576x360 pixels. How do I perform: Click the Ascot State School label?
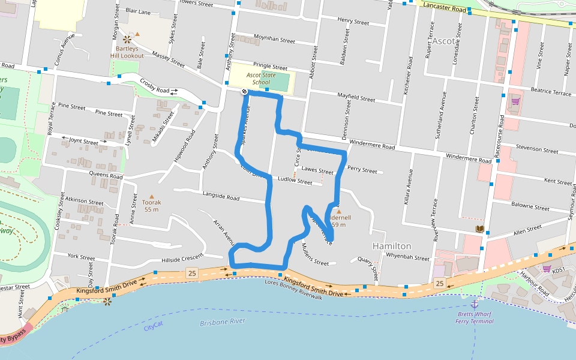[261, 79]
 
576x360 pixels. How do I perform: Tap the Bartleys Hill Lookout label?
[126, 52]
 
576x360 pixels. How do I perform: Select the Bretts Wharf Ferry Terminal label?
[474, 317]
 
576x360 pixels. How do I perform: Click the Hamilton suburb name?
[392, 246]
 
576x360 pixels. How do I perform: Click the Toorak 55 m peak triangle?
[151, 196]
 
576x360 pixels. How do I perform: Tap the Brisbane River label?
[223, 322]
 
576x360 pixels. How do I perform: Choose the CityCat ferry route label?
[154, 326]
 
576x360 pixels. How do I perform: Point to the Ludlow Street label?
[295, 181]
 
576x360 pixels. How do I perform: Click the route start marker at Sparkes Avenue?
[245, 92]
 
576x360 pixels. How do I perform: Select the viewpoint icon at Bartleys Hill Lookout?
[127, 40]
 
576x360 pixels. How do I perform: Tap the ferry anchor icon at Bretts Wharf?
[474, 305]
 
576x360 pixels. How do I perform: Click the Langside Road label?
[221, 196]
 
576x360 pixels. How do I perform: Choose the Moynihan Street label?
[275, 40]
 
